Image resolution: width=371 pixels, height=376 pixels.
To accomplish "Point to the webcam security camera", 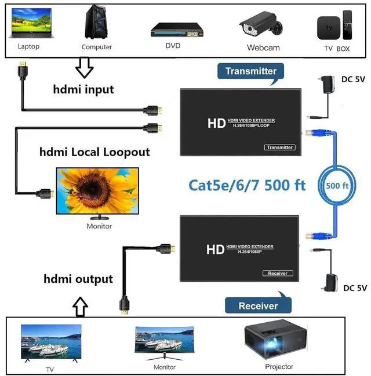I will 261,25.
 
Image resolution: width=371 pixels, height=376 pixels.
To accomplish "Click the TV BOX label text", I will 337,49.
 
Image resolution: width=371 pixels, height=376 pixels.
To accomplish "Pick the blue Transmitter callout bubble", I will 250,71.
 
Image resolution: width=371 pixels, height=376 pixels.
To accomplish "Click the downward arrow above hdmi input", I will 85,68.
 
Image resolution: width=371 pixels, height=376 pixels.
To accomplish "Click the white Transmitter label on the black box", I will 279,148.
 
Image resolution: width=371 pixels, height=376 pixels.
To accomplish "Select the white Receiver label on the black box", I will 278,273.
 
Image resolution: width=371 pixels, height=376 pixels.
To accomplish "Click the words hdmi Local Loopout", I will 94,152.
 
